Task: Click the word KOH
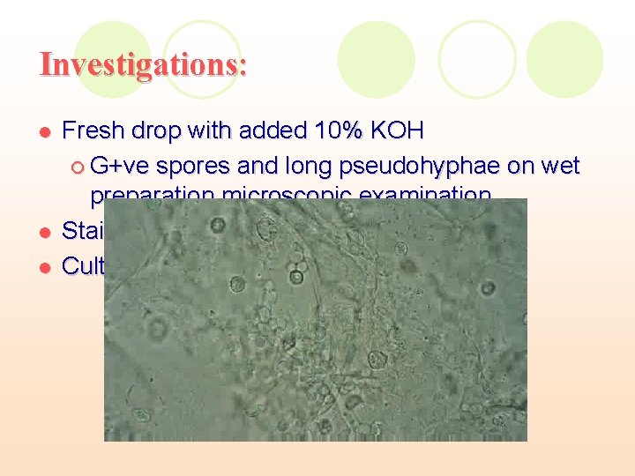click(398, 132)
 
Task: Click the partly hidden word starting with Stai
click(83, 232)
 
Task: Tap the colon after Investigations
click(243, 67)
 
